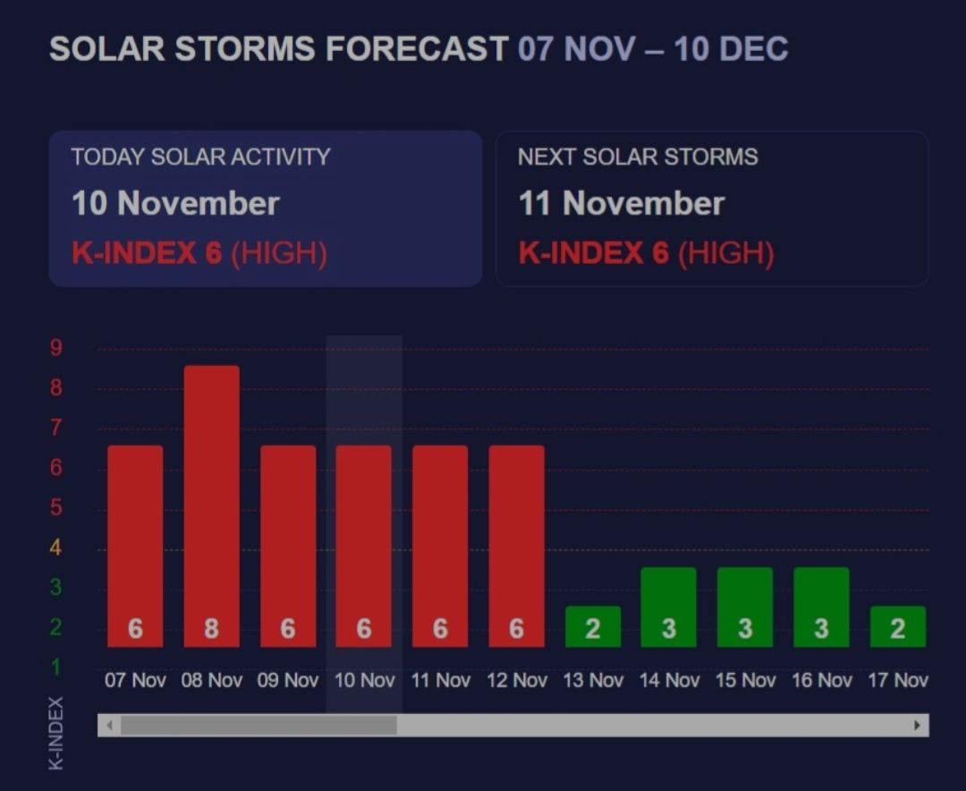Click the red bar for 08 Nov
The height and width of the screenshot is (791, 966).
[211, 506]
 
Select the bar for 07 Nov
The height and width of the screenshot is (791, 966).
[135, 546]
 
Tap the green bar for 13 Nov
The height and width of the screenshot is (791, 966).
[592, 626]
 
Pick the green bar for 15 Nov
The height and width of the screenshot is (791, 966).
[744, 607]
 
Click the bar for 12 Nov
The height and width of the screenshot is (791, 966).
[516, 546]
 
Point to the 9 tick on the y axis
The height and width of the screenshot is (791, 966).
[55, 348]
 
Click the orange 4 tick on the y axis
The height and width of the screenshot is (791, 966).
[55, 548]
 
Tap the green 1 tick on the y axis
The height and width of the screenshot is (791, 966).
[55, 668]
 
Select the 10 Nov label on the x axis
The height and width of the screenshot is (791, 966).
[364, 680]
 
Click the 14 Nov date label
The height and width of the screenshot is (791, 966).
[669, 680]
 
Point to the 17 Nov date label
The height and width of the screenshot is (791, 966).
[897, 680]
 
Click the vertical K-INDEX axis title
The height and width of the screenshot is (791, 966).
[56, 732]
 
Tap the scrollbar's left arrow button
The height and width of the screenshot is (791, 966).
[109, 725]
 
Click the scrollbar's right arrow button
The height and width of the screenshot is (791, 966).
[917, 725]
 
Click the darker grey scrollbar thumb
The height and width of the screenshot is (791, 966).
[258, 725]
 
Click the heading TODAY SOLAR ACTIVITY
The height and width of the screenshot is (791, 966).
[200, 157]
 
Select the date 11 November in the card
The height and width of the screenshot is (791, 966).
[621, 203]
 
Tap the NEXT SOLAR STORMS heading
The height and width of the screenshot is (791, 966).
[637, 157]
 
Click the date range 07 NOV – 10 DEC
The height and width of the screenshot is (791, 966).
[653, 48]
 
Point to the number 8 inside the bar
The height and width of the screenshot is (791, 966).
[211, 629]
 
